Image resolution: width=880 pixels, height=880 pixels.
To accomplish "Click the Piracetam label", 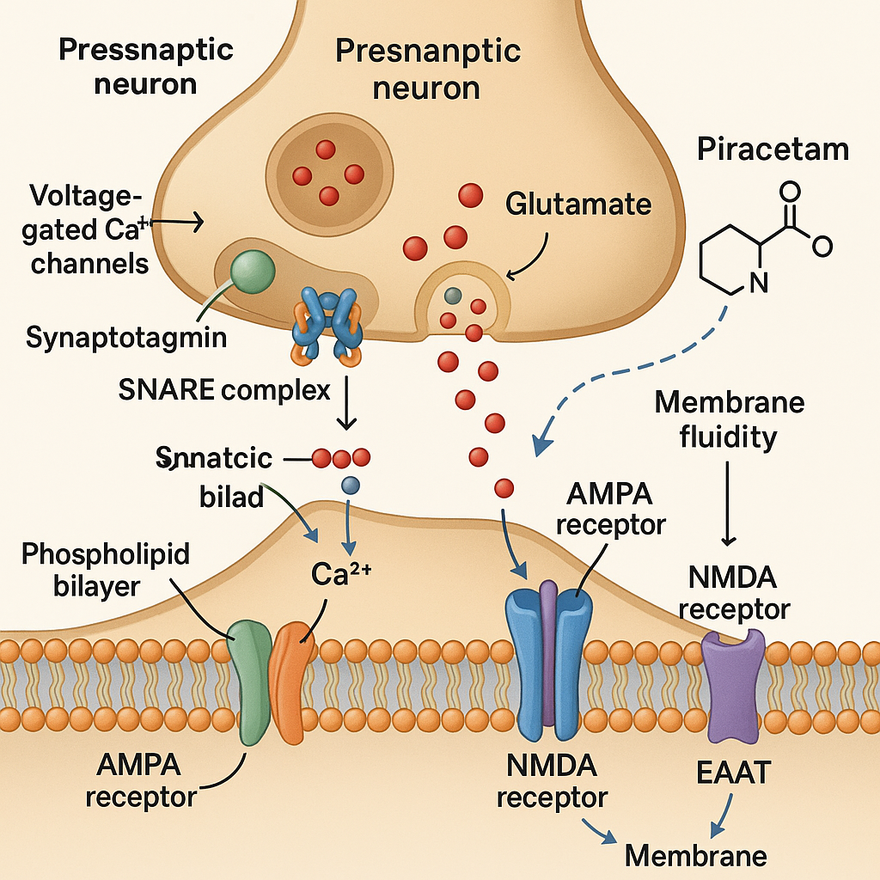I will (x=773, y=149).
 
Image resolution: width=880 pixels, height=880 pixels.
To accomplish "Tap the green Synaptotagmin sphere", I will (x=253, y=272).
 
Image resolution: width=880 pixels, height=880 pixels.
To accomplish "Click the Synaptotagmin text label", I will (x=126, y=338).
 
